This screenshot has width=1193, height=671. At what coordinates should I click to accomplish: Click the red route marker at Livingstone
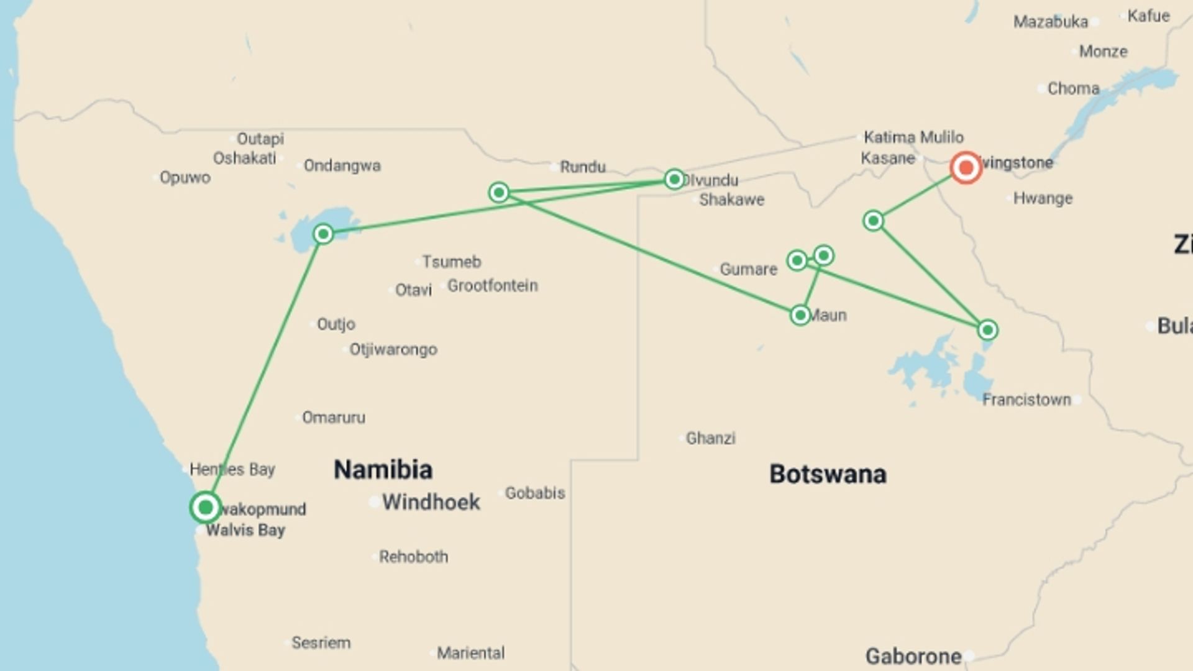pyautogui.click(x=966, y=167)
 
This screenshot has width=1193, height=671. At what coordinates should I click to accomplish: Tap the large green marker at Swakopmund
pyautogui.click(x=205, y=508)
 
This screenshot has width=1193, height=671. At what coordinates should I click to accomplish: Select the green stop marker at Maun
pyautogui.click(x=800, y=315)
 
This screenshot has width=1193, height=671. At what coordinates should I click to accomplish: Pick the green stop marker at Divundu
pyautogui.click(x=674, y=180)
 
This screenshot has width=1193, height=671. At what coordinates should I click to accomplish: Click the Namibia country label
pyautogui.click(x=383, y=470)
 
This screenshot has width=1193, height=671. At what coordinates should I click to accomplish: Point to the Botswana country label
pyautogui.click(x=828, y=474)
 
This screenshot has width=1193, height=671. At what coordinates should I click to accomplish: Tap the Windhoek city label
pyautogui.click(x=431, y=502)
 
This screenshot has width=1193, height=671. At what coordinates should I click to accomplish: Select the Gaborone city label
pyautogui.click(x=913, y=656)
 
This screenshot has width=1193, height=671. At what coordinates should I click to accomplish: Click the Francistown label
pyautogui.click(x=1026, y=399)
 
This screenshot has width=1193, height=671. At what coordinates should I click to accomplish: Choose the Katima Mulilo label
pyautogui.click(x=913, y=137)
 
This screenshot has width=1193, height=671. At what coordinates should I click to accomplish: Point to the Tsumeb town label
pyautogui.click(x=452, y=262)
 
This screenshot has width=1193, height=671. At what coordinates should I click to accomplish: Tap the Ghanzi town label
pyautogui.click(x=710, y=438)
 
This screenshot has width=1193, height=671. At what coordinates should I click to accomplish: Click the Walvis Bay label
pyautogui.click(x=245, y=530)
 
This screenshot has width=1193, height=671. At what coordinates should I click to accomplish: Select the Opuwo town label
pyautogui.click(x=185, y=178)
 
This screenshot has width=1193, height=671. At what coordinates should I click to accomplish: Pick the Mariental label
pyautogui.click(x=470, y=653)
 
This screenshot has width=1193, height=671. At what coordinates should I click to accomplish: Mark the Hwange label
pyautogui.click(x=1043, y=198)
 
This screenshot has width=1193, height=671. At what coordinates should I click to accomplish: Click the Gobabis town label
pyautogui.click(x=534, y=493)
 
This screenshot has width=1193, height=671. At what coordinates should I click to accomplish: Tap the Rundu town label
pyautogui.click(x=582, y=167)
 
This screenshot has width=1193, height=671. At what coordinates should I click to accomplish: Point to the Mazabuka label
pyautogui.click(x=1051, y=22)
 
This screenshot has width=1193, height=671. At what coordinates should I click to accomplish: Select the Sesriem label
pyautogui.click(x=321, y=642)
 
